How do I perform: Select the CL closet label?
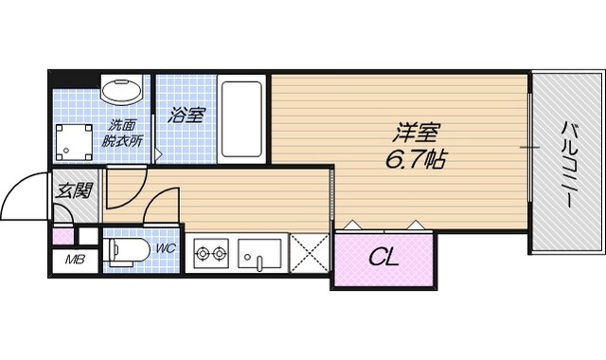click(x=383, y=257)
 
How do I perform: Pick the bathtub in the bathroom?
click(x=243, y=120)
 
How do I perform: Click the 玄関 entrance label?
click(x=74, y=191)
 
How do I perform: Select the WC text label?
click(x=166, y=249)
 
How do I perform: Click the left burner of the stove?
click(x=203, y=253)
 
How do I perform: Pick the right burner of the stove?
click(x=221, y=253)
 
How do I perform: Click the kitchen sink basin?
click(x=259, y=254)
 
